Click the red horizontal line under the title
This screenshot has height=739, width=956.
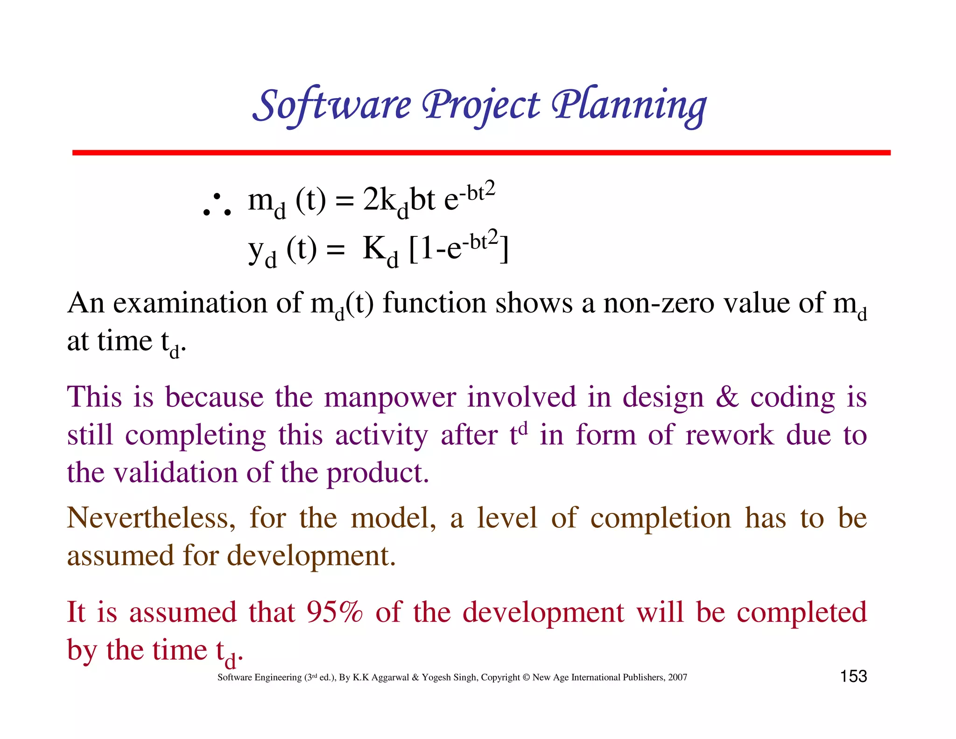(x=481, y=153)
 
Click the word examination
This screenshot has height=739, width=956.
(x=190, y=303)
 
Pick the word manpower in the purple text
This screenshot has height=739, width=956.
(x=390, y=398)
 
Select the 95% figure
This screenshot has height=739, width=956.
(x=334, y=612)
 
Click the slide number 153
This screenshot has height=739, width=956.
(x=853, y=676)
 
